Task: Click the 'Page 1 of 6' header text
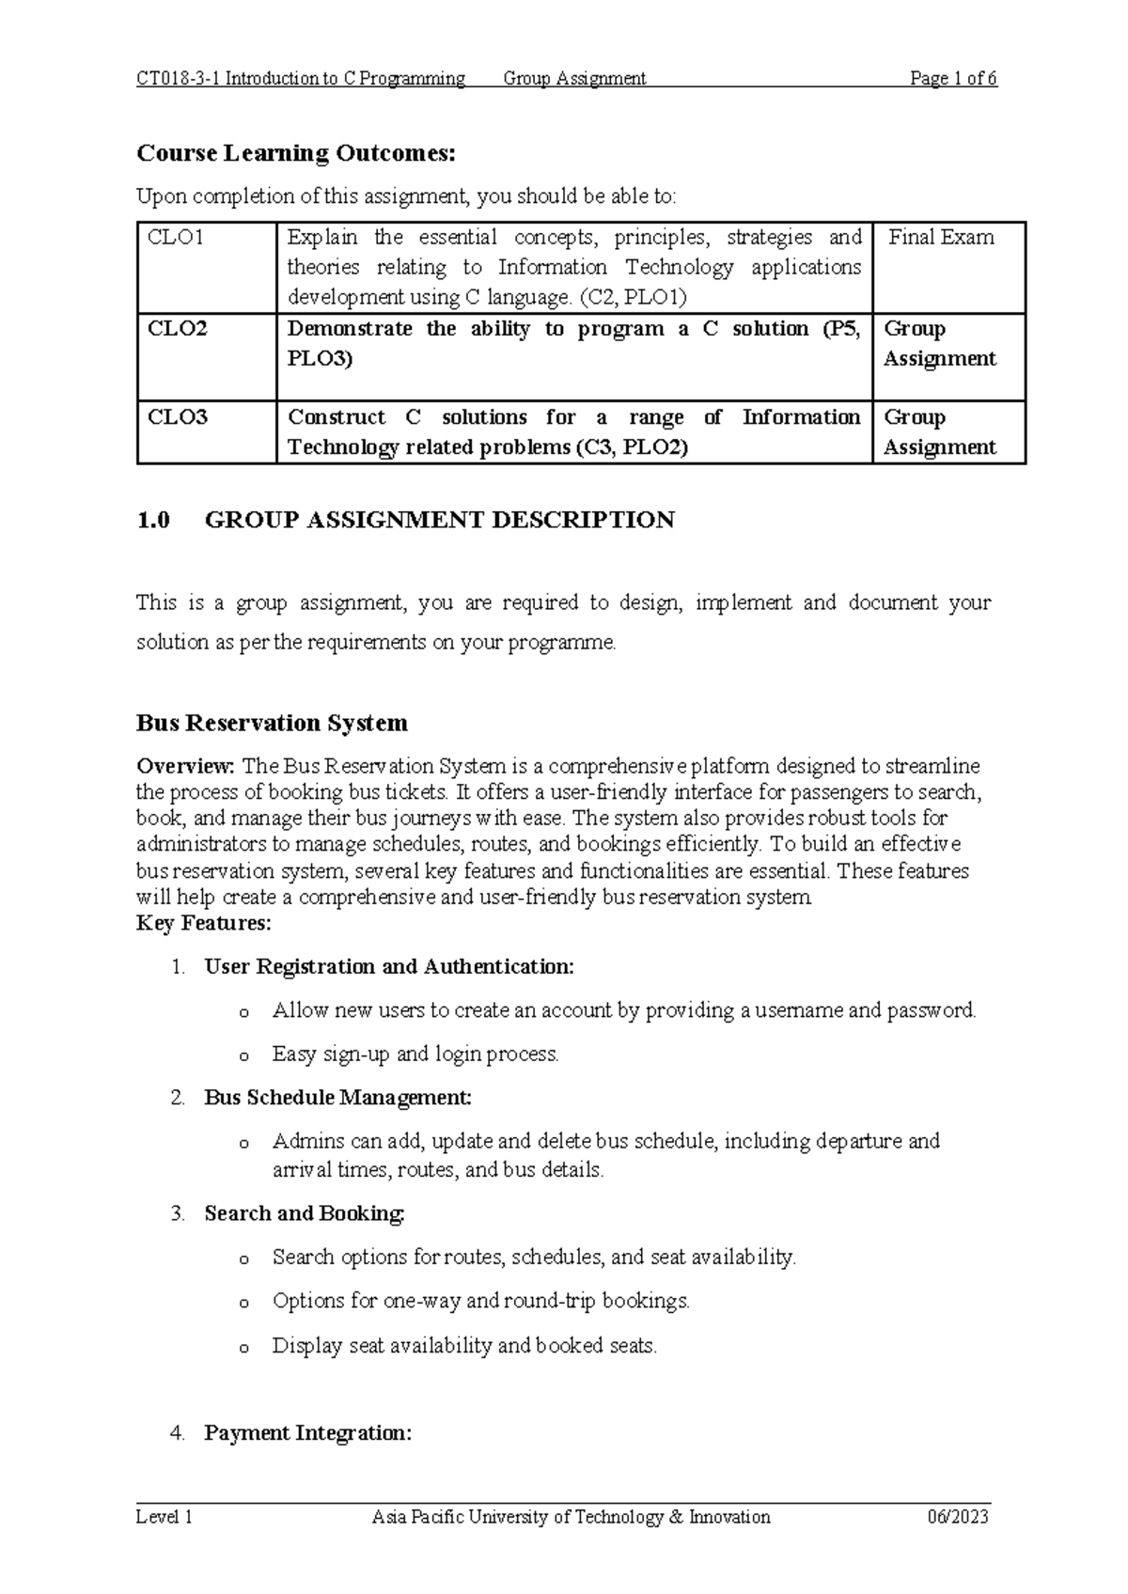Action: point(952,79)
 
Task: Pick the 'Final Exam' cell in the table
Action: point(941,238)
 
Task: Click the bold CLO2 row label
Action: point(178,329)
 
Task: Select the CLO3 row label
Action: point(178,417)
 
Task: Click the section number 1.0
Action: point(152,521)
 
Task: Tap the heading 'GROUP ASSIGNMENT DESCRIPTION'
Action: point(439,521)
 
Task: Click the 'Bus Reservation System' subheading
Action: point(272,723)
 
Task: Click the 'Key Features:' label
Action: point(203,924)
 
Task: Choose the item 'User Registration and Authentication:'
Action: point(388,967)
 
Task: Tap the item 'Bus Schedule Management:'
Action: point(337,1098)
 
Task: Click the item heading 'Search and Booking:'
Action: point(305,1214)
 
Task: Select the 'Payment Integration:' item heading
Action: point(307,1433)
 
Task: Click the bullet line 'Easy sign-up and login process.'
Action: point(415,1055)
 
